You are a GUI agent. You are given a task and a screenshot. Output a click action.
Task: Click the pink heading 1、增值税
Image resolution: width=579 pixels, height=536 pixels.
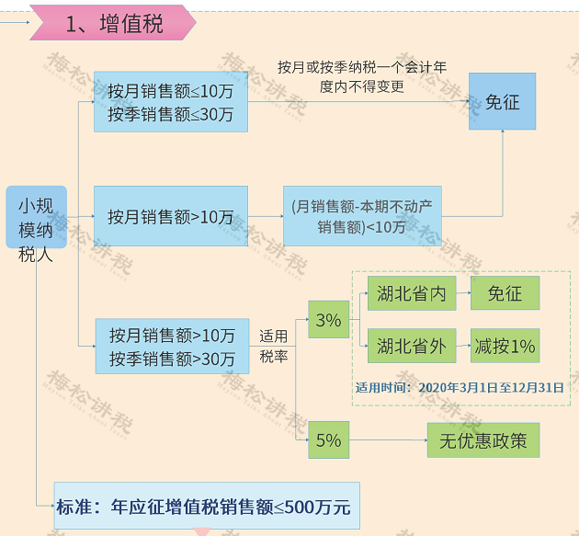(x=114, y=23)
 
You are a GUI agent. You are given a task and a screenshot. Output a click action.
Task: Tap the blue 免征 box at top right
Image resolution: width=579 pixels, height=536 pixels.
(x=502, y=102)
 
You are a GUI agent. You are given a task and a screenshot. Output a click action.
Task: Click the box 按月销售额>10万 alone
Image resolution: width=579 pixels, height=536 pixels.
(x=170, y=217)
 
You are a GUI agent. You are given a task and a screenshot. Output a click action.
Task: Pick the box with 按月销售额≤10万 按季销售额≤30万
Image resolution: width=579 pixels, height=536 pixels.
(x=170, y=102)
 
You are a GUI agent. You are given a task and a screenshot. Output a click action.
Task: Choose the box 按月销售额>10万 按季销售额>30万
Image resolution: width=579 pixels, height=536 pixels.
(x=172, y=346)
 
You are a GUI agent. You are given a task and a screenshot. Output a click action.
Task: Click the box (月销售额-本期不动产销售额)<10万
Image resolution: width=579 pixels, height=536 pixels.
(x=361, y=217)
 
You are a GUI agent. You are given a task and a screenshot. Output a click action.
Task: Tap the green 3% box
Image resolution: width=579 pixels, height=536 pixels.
(x=328, y=320)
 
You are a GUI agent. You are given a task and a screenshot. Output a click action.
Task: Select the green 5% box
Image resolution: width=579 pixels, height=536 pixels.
(x=328, y=440)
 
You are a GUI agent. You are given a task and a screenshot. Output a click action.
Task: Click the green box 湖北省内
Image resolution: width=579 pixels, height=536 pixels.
(x=411, y=294)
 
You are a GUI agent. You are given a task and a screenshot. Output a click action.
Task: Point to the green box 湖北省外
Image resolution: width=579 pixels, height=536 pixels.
(x=411, y=347)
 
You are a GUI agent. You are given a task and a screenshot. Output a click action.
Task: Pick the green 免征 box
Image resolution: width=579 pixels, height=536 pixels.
(x=505, y=294)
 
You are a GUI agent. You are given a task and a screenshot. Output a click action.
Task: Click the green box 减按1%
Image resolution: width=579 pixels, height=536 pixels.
(x=505, y=347)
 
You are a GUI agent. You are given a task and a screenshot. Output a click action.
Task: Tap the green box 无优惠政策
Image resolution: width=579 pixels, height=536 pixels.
(x=482, y=440)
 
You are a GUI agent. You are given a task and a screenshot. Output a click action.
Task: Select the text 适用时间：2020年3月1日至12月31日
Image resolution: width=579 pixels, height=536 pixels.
(x=460, y=387)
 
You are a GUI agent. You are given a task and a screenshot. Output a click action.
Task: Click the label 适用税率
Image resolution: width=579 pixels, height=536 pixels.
(x=273, y=346)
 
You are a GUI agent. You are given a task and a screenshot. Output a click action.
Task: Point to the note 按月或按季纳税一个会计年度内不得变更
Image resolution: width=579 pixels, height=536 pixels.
(x=362, y=77)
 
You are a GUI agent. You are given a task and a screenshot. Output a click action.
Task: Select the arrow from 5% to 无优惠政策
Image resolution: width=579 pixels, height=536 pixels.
(x=386, y=440)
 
